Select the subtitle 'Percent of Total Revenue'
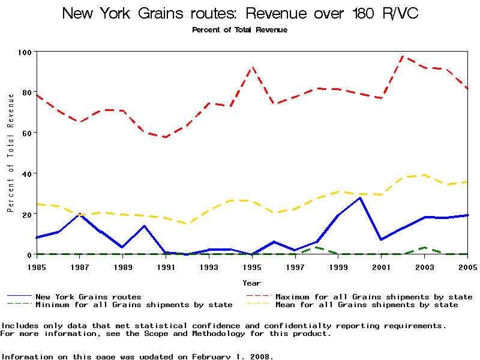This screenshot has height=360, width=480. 239,30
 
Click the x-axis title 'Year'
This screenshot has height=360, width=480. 252,282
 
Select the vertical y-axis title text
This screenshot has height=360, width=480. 10,161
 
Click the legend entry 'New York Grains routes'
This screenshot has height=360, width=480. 88,296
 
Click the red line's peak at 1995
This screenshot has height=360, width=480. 253,67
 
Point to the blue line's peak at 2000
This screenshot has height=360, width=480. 360,197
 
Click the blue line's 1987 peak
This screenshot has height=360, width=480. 80,214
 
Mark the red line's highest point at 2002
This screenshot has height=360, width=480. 403,56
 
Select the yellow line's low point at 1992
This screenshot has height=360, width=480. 188,224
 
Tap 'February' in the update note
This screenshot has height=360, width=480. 216,356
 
